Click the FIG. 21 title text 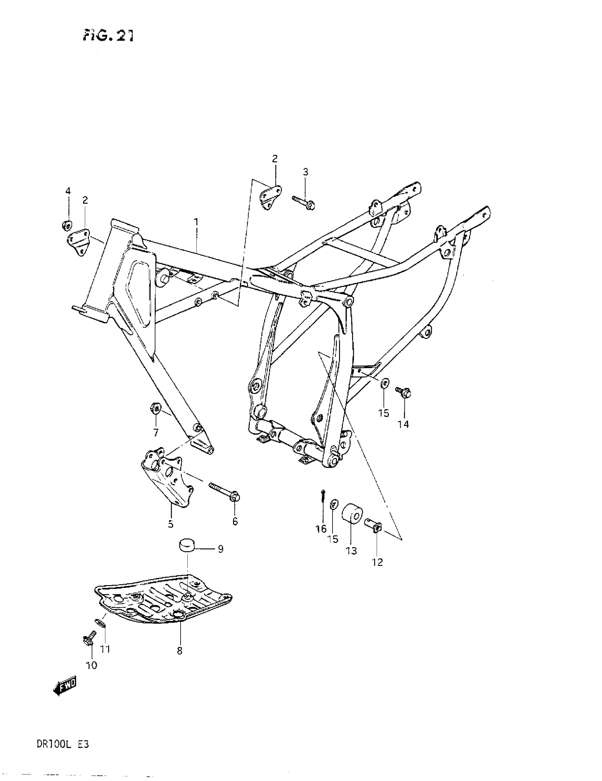click(108, 35)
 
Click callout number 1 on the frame click(196, 222)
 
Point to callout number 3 click(305, 172)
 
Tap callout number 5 click(171, 524)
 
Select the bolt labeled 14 click(403, 393)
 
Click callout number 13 click(351, 551)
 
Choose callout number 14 click(403, 424)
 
